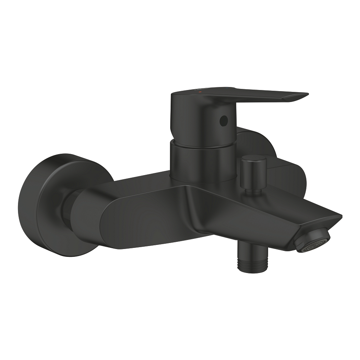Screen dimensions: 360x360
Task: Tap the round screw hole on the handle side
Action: coord(223,121)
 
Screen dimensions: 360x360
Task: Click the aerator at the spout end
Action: coord(313,242)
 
